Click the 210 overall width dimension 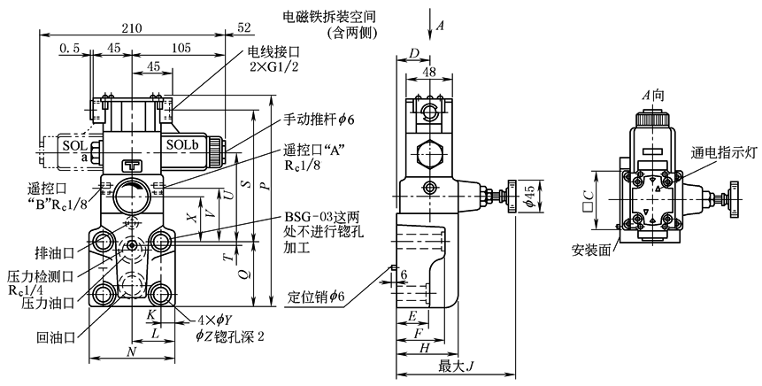[x=132, y=28]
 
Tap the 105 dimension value [x=182, y=48]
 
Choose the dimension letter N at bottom [x=132, y=351]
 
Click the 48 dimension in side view [x=429, y=72]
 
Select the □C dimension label [x=580, y=195]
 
